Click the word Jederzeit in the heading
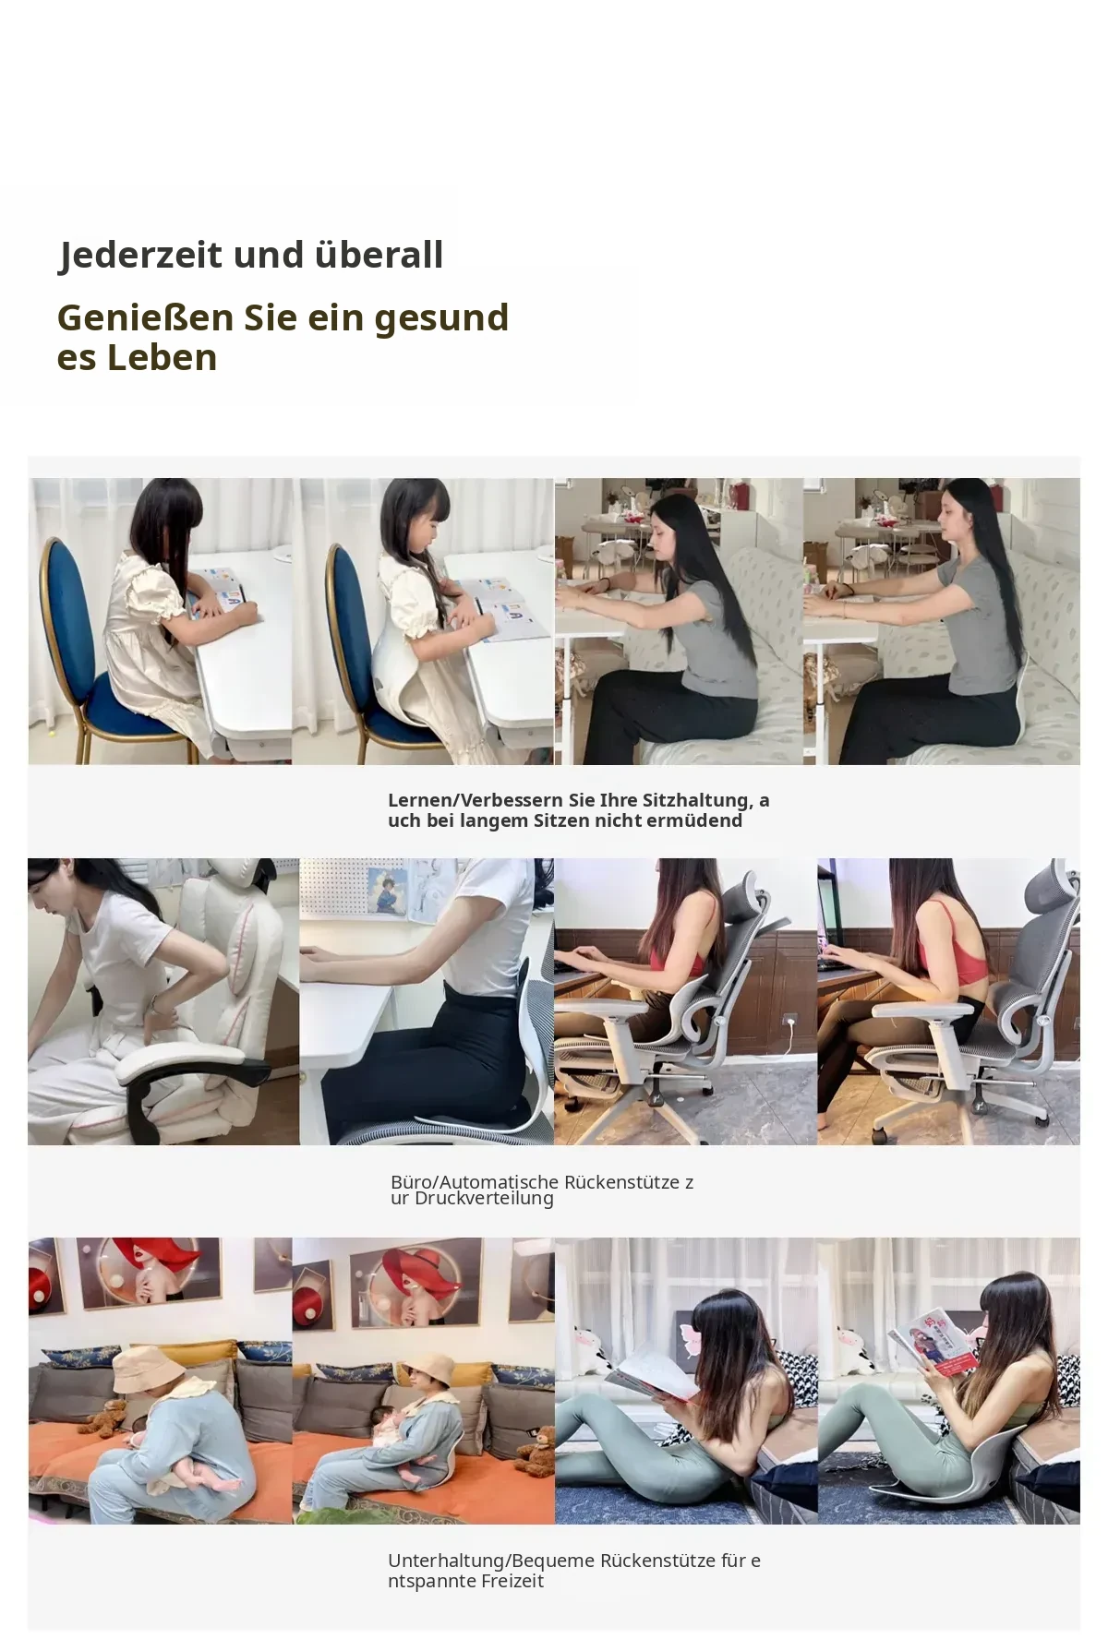(x=140, y=255)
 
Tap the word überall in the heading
(x=379, y=254)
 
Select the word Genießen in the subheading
(x=145, y=317)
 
